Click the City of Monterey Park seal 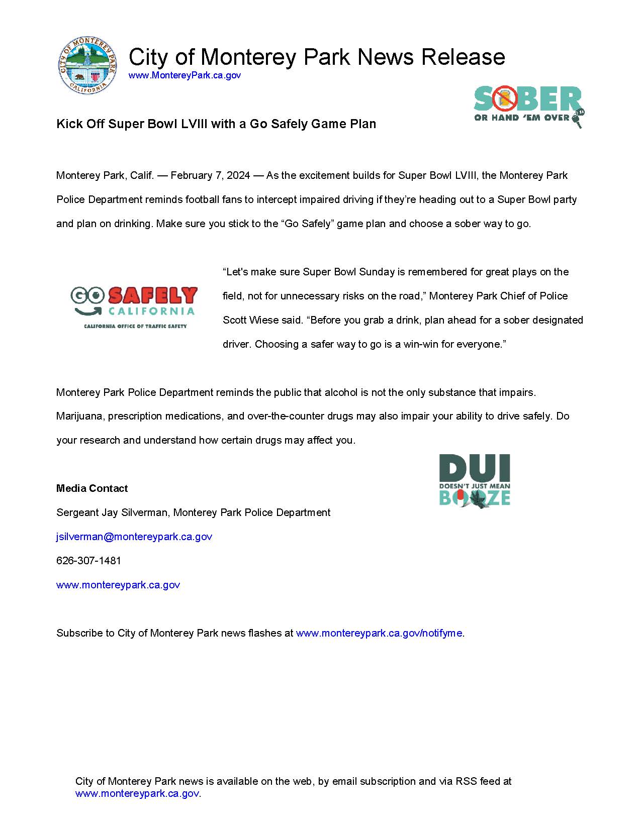(x=88, y=65)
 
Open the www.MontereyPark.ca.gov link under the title (x=185, y=75)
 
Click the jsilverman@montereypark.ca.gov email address (x=134, y=537)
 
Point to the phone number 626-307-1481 (x=88, y=561)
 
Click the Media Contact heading (x=92, y=488)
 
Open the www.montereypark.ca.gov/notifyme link (x=379, y=633)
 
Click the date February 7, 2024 (x=210, y=175)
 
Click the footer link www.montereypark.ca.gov (x=137, y=793)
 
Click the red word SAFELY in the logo (x=153, y=296)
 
